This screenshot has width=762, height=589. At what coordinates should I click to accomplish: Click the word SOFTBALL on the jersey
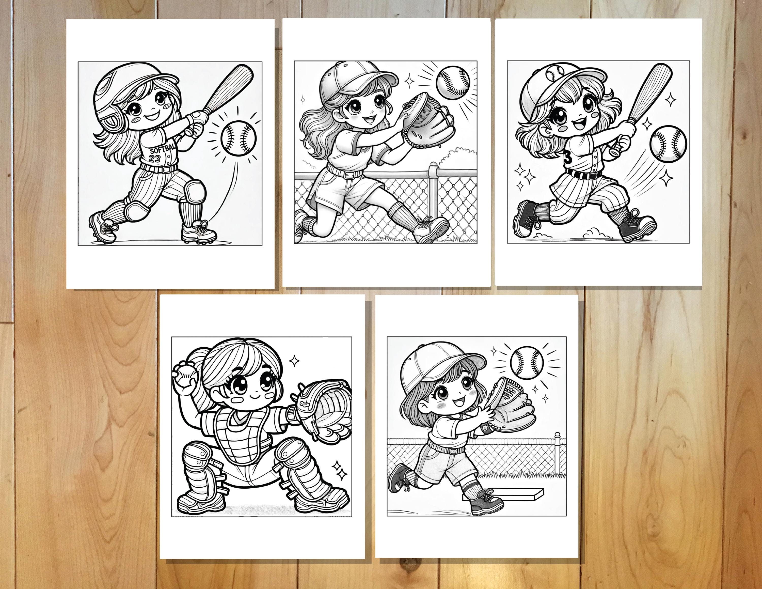tap(163, 150)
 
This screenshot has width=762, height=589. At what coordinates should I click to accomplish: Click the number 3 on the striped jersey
tap(568, 159)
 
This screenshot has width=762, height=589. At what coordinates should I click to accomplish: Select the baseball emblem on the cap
tap(555, 73)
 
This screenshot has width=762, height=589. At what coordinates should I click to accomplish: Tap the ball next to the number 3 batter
tap(668, 144)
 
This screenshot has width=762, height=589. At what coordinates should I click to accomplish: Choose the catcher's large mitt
tap(324, 412)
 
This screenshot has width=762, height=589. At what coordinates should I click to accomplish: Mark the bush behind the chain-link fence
tap(457, 159)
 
